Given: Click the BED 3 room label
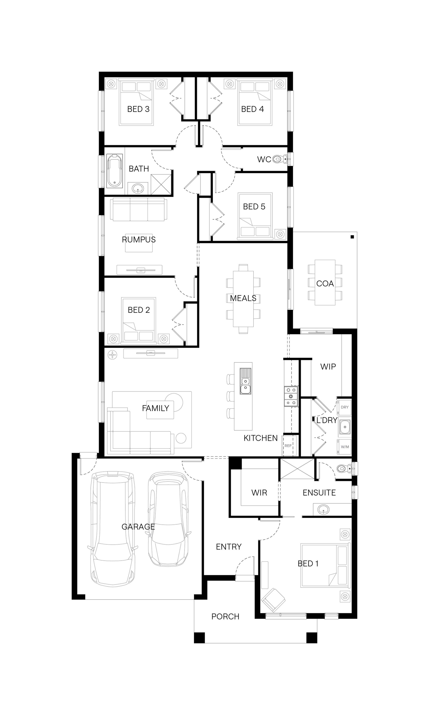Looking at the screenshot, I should tap(138, 109).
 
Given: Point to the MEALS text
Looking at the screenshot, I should tap(243, 298).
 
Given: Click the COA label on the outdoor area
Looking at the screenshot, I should tap(325, 284).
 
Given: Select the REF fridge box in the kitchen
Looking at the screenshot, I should tap(288, 446).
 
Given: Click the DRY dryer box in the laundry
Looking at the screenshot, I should tap(344, 407).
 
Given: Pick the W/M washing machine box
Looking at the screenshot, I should tap(344, 447).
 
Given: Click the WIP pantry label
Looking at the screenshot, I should tap(328, 367).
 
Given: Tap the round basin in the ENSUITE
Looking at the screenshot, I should tap(323, 509).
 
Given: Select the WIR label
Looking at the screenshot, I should tap(259, 493).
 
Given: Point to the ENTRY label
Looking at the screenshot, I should tap(229, 547).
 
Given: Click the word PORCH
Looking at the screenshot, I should tap(225, 617).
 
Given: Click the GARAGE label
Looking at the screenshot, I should tap(138, 527).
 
